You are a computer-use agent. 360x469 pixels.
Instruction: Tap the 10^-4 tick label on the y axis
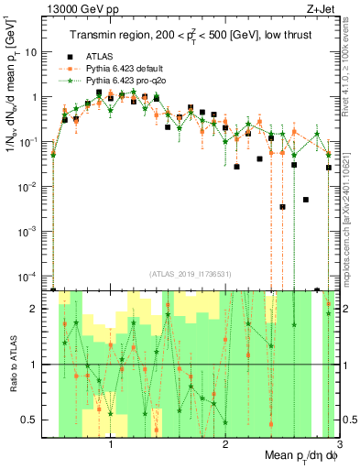coord(32,276)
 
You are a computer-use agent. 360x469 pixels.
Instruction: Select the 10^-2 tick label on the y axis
coord(32,186)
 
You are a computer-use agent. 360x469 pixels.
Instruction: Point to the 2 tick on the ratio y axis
coord(38,309)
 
